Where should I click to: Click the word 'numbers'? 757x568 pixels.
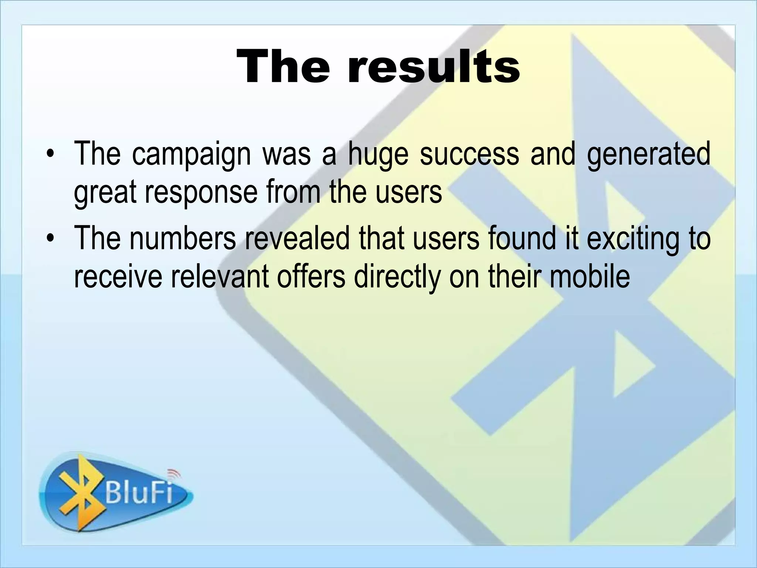pos(183,238)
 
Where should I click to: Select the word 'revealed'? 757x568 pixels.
pos(297,238)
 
